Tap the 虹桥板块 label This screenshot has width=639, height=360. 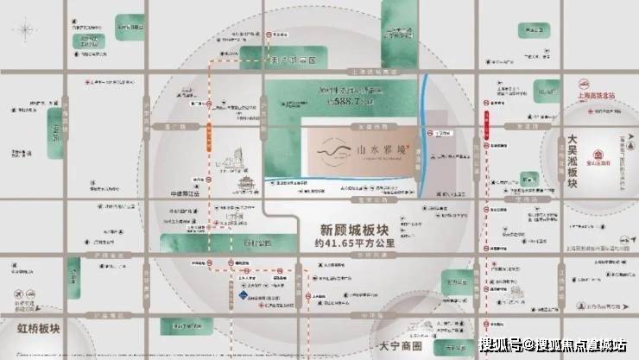click(x=33, y=329)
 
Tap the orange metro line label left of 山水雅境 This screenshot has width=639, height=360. click(x=210, y=138)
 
